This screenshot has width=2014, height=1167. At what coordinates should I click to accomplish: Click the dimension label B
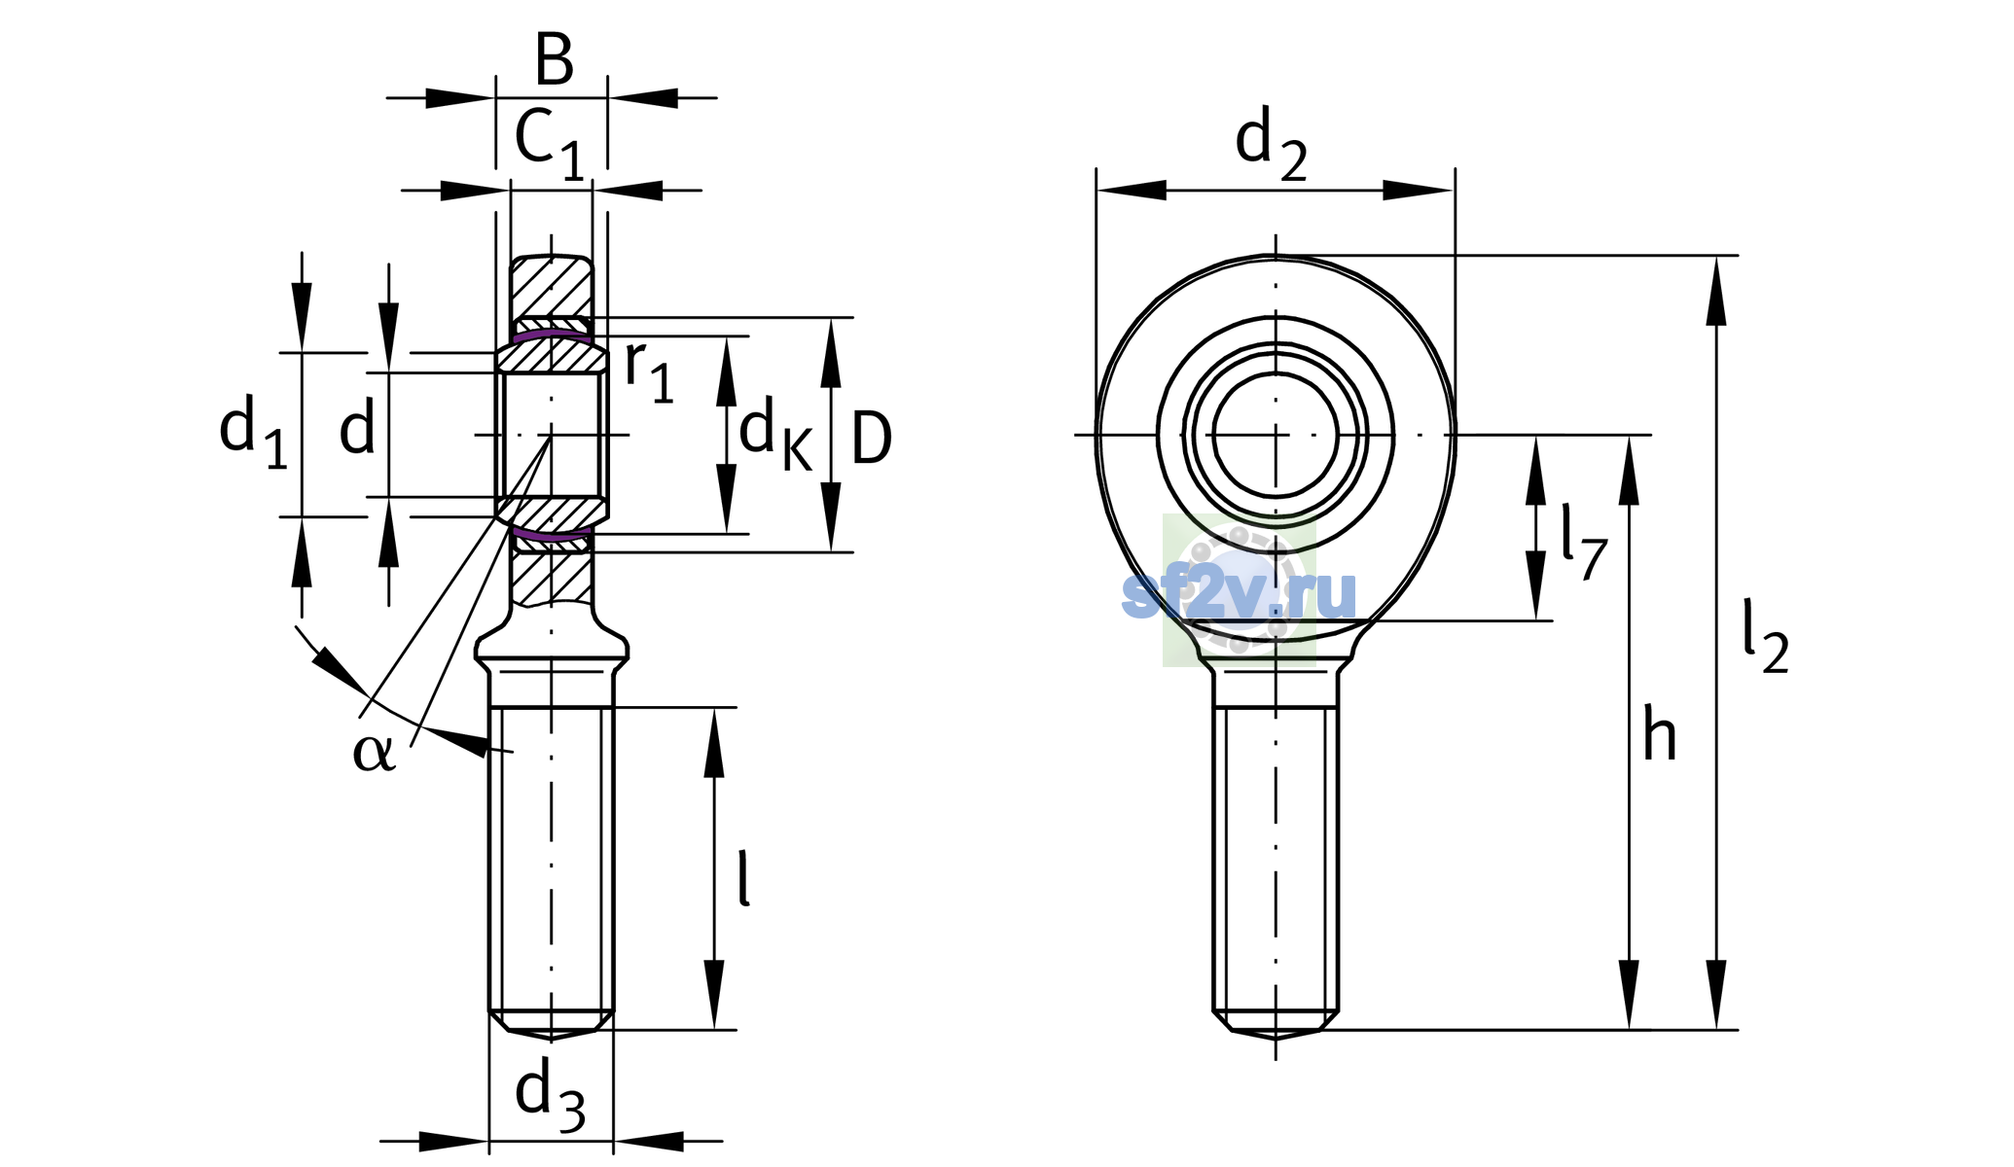(x=555, y=59)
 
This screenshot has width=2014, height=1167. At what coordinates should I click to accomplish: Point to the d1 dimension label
(x=253, y=432)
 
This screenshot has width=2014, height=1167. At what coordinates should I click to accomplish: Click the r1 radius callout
(x=649, y=371)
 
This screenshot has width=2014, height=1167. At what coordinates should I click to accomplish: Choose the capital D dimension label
(x=871, y=439)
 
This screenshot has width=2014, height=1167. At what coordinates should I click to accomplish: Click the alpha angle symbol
(x=375, y=753)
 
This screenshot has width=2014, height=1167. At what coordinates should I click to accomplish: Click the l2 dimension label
(x=1765, y=637)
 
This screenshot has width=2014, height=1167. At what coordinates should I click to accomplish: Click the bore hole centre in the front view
(x=1276, y=435)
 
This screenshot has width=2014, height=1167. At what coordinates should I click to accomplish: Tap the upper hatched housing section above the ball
(x=552, y=287)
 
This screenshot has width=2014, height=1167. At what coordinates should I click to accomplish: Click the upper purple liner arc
(x=552, y=334)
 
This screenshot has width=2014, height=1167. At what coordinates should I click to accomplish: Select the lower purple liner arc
(x=552, y=534)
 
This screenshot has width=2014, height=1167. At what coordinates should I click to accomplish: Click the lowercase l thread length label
(x=744, y=878)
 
